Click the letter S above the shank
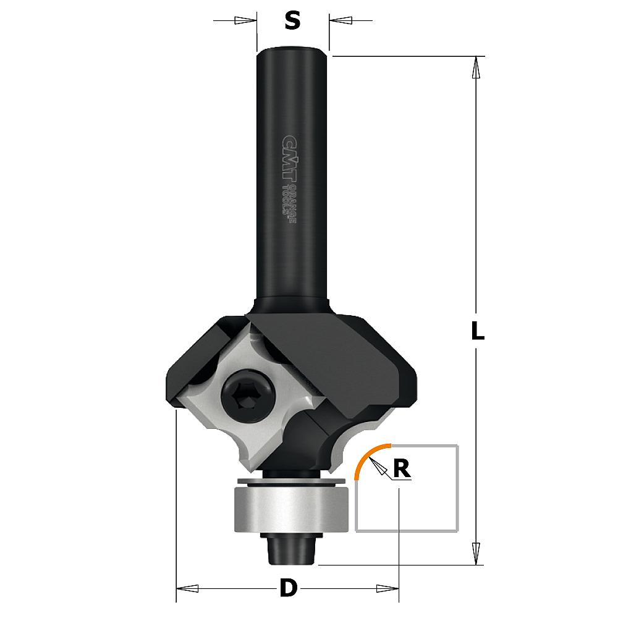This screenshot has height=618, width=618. [292, 20]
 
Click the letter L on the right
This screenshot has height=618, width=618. [478, 331]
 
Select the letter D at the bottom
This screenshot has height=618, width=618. [289, 588]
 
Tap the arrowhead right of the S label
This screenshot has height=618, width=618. [341, 20]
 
